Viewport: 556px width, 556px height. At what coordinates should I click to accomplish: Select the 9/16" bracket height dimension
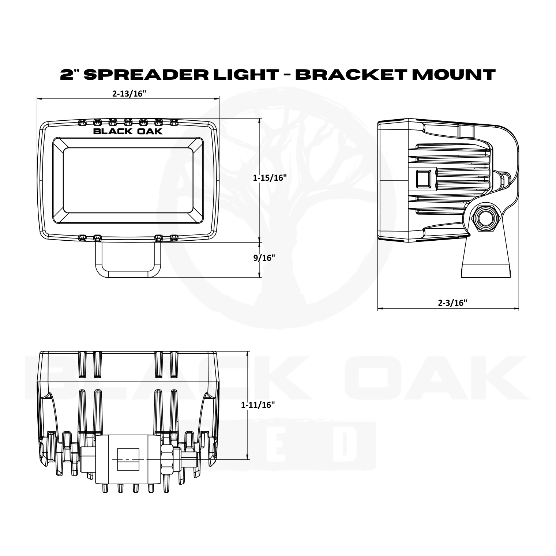pos(264,258)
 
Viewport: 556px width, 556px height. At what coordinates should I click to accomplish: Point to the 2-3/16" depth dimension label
pos(452,303)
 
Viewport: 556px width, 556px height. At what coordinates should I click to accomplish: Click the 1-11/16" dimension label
pos(258,405)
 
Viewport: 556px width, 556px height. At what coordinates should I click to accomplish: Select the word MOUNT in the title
pos(456,74)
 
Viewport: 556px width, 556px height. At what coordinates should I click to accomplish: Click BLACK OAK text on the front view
pos(128,131)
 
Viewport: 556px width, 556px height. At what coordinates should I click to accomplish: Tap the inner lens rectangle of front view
pos(128,181)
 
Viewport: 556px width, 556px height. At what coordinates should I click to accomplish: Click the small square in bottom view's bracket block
pos(128,459)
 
